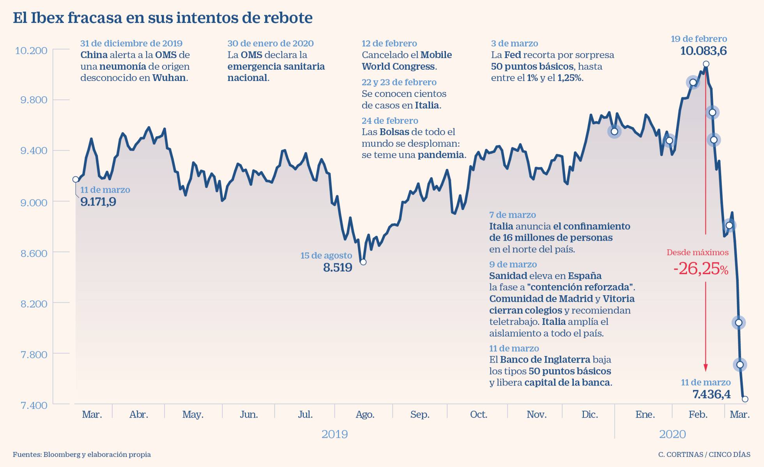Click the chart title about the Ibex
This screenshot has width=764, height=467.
coord(163,18)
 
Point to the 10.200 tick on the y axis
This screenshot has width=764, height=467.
coord(31,51)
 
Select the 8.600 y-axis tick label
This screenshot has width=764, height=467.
coord(34,253)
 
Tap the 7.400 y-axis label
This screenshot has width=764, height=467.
coord(34,405)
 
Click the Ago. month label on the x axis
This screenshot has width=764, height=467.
coord(365,414)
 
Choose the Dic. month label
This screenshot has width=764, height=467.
coord(589,414)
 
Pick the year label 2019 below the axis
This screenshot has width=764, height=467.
coord(334,434)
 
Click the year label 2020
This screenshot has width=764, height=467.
coord(672,434)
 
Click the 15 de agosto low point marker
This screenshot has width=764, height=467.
coord(363,262)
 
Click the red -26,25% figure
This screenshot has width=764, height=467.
coord(700,269)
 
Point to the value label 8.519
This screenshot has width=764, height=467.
coord(338,268)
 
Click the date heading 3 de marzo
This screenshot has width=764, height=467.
coord(515,43)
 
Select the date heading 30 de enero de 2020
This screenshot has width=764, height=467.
coord(271,43)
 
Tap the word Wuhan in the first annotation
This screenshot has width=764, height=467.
coord(169,78)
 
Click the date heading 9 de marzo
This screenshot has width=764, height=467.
coord(513,264)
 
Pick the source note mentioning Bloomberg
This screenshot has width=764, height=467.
coord(82,455)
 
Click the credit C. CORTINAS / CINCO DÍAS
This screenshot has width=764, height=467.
coord(704,455)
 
